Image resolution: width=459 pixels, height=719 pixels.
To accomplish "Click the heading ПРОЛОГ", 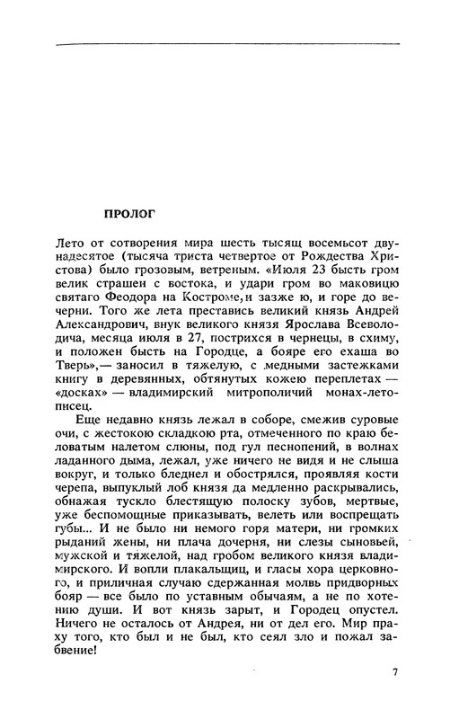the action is (131, 215).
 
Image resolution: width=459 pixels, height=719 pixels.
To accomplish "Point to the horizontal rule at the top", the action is (228, 44).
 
